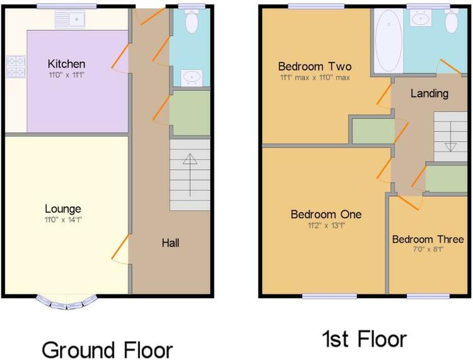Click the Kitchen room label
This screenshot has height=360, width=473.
66,64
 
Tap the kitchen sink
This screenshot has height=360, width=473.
70,19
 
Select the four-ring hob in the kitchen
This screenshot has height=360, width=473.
16,67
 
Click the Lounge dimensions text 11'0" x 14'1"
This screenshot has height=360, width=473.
63,220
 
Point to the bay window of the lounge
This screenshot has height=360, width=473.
67,303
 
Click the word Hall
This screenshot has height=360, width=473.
170,243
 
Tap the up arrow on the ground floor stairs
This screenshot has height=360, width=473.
190,175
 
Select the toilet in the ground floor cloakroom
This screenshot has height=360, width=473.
191,21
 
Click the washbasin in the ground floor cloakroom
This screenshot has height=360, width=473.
191,78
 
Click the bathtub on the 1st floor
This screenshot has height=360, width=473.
388,41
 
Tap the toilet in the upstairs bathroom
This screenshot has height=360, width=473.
452,21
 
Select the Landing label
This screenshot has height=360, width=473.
429,93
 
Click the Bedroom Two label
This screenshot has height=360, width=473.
315,66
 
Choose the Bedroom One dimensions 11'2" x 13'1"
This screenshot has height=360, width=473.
326,226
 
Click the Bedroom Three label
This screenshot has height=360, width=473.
428,240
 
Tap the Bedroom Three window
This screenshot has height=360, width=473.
428,296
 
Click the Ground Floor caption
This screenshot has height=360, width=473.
107,350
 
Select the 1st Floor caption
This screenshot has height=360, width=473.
365,339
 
